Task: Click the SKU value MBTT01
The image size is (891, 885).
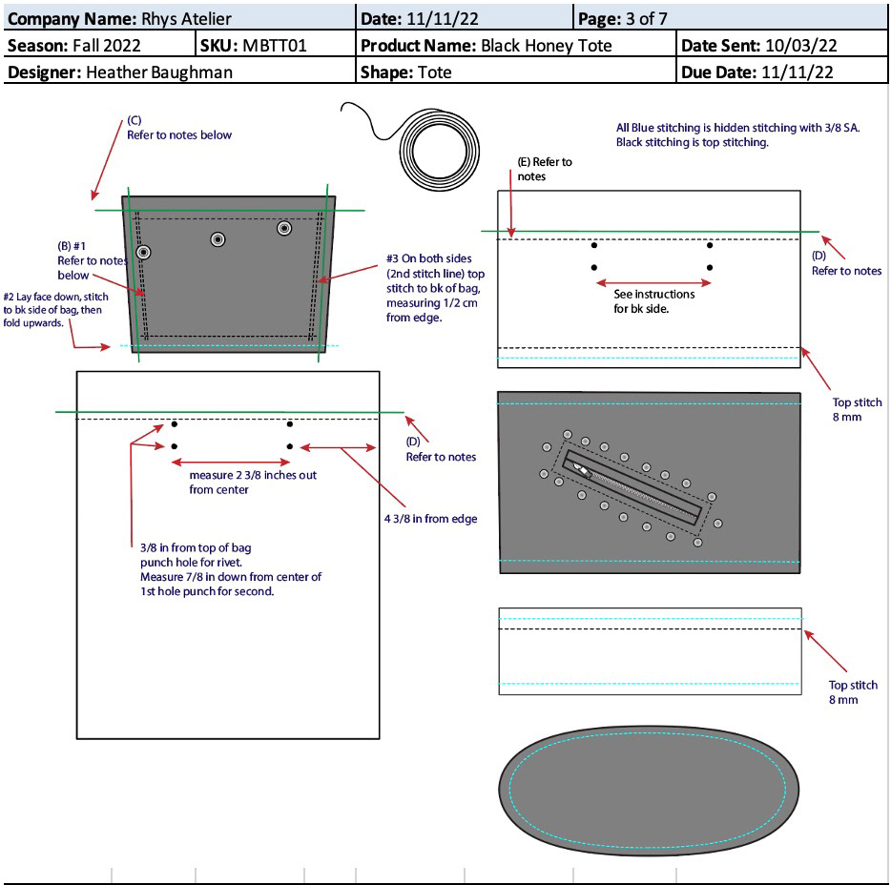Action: tap(275, 46)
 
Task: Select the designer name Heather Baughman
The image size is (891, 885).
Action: tap(159, 72)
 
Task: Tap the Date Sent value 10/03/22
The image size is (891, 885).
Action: tap(801, 46)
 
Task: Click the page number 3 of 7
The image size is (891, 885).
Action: tap(647, 19)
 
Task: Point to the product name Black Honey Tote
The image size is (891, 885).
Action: tap(546, 46)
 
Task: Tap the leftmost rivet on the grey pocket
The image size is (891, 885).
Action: tap(143, 252)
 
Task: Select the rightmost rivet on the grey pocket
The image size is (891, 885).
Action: tap(284, 228)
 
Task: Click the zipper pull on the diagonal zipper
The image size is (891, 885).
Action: tap(583, 471)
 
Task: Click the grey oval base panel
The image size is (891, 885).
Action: tap(649, 791)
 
